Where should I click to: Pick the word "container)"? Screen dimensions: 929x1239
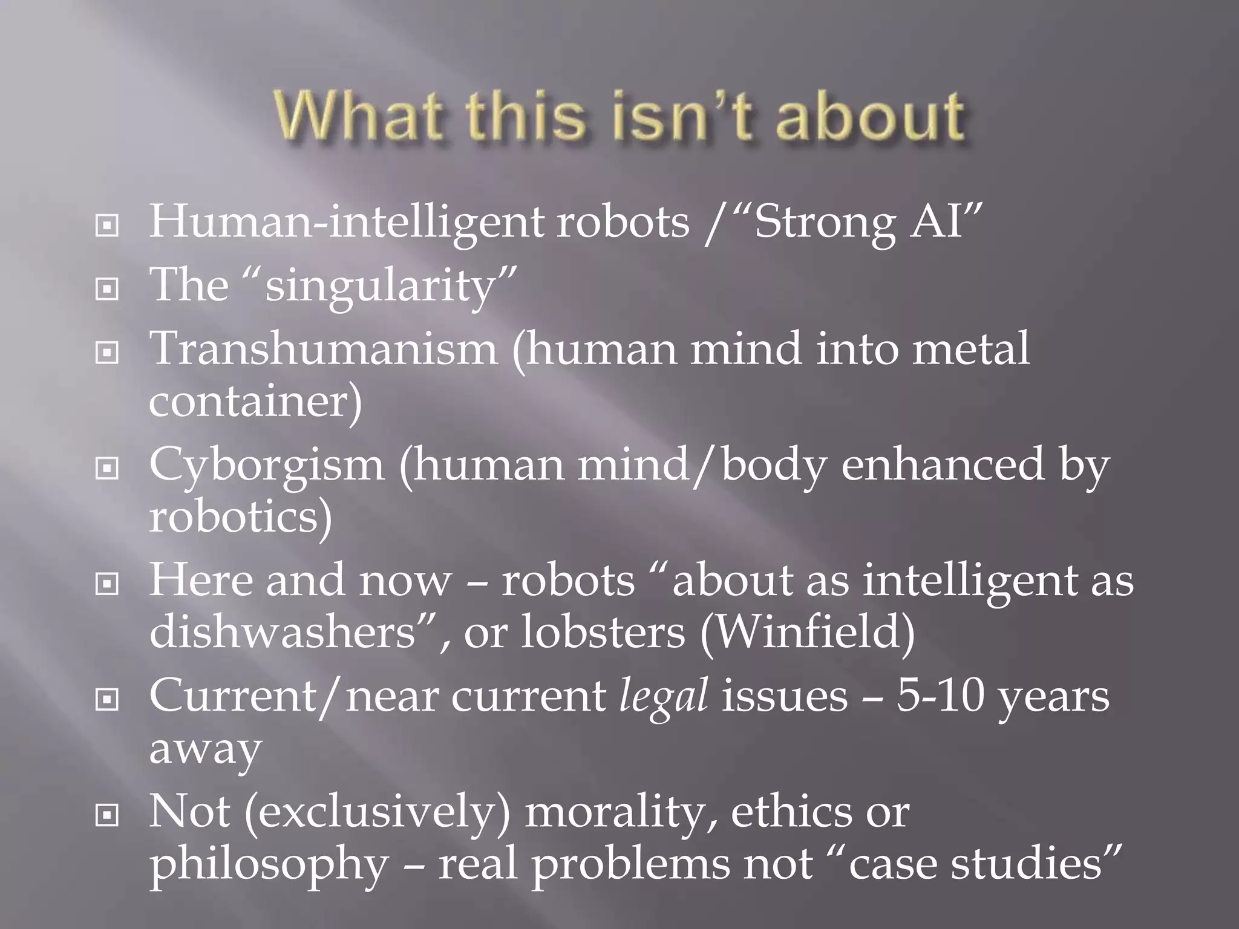[255, 400]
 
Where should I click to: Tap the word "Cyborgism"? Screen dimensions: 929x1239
[266, 465]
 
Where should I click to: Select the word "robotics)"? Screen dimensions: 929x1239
[241, 517]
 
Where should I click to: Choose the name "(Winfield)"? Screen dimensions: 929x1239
[807, 632]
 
